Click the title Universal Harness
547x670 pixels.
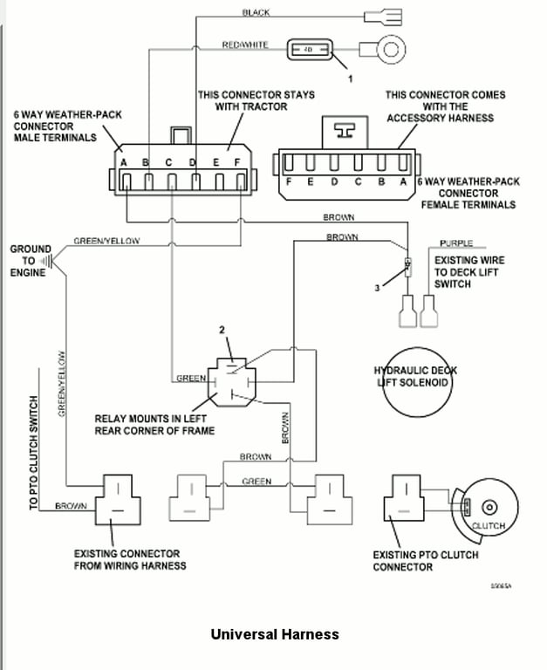click(274, 634)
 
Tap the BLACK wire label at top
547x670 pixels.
click(256, 11)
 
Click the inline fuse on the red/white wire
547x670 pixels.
click(308, 50)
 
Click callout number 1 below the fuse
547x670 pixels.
click(350, 79)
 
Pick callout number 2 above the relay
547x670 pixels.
click(222, 331)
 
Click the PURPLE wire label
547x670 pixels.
click(456, 243)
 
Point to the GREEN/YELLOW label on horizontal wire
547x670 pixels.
click(106, 241)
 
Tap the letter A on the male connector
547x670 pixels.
click(124, 162)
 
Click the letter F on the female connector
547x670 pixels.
click(287, 182)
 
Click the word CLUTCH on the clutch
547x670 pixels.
click(488, 526)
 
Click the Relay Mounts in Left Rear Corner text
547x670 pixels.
click(154, 424)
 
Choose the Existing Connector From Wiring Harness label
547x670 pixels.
click(126, 559)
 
